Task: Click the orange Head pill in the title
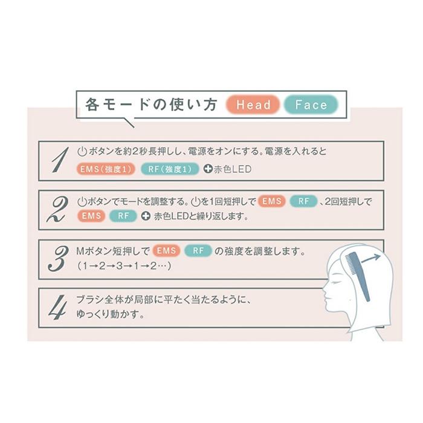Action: pyautogui.click(x=254, y=105)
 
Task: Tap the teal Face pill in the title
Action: pyautogui.click(x=311, y=105)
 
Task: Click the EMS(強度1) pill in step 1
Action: pyautogui.click(x=107, y=169)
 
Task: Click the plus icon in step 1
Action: pyautogui.click(x=208, y=169)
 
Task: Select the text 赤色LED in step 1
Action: pyautogui.click(x=233, y=169)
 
